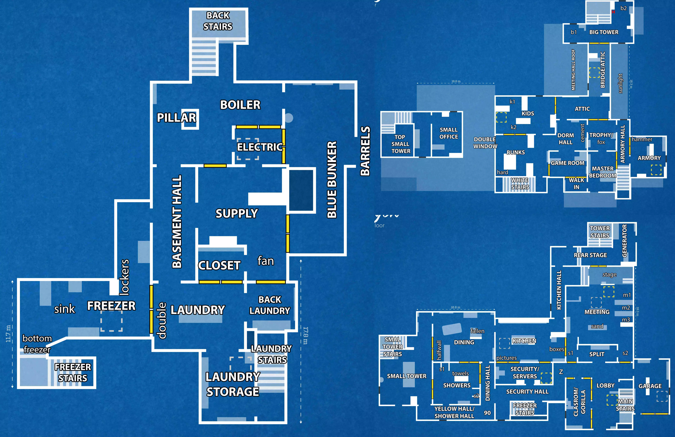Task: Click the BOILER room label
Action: (x=240, y=105)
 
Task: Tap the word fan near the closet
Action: (x=265, y=261)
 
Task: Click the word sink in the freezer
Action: (x=65, y=309)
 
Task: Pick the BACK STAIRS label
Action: (x=218, y=21)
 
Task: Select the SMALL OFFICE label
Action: (x=449, y=133)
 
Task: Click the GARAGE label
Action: (x=650, y=386)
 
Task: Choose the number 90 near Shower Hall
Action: (x=487, y=413)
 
